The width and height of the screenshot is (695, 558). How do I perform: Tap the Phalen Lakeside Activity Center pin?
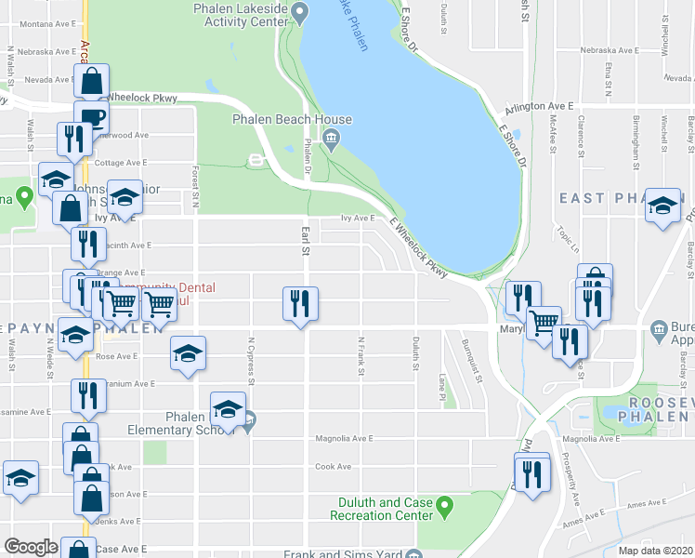pos(298,12)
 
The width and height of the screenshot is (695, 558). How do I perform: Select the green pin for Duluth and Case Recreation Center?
pos(444,508)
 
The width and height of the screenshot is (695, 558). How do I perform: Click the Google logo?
pos(31,547)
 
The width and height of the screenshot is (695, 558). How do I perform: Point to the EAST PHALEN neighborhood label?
pos(609,198)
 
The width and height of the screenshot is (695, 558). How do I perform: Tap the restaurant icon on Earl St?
pos(300,303)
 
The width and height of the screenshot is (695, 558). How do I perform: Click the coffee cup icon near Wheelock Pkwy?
pos(92,117)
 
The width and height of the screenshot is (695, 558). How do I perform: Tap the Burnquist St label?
pos(469,360)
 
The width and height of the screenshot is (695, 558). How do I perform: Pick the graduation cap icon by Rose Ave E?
pos(188,353)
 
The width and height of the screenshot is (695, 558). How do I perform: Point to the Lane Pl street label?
pos(442,388)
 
